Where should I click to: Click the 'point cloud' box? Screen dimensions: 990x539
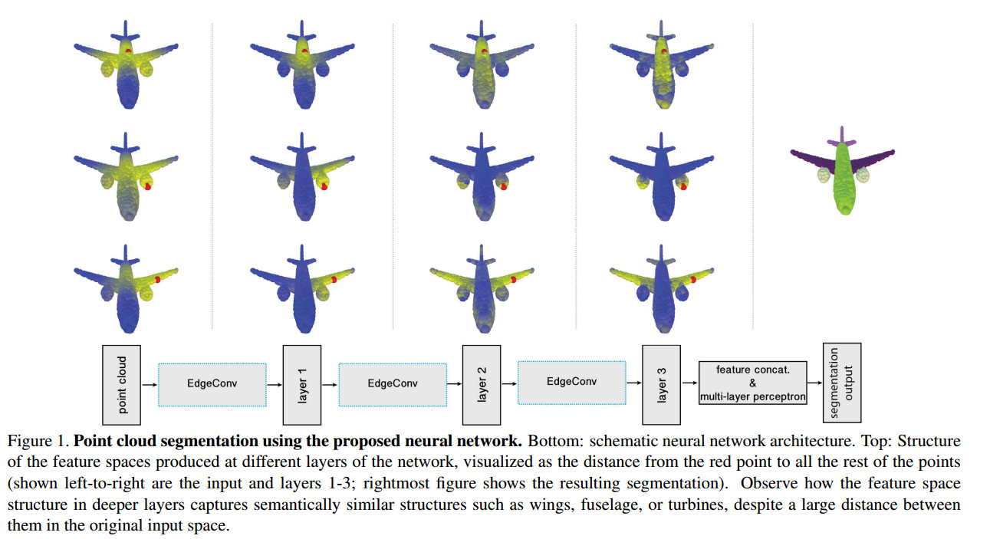point(121,385)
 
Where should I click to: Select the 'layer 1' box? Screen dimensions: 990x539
point(302,385)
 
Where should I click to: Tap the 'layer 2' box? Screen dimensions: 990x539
point(482,385)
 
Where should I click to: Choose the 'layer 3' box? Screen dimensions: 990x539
point(661,385)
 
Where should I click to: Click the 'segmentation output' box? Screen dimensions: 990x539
point(842,383)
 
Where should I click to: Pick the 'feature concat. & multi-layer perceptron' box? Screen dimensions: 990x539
point(753,383)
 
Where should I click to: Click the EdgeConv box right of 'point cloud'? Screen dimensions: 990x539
point(212,385)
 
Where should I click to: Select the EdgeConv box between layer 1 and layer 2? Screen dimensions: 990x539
point(393,385)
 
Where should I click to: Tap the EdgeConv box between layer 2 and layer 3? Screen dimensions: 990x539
point(572,383)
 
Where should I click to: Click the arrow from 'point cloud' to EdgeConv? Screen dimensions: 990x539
point(150,385)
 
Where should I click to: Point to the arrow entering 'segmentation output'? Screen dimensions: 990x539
point(815,383)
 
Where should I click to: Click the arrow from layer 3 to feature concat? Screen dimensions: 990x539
point(690,383)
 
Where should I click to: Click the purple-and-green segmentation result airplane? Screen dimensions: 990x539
point(843,173)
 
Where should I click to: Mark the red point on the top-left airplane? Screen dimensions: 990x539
point(128,51)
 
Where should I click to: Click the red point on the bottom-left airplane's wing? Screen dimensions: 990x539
point(157,279)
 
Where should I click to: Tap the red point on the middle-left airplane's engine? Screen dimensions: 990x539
point(147,187)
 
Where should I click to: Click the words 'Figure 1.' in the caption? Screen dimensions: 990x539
point(38,441)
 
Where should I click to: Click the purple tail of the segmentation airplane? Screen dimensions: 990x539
point(842,138)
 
